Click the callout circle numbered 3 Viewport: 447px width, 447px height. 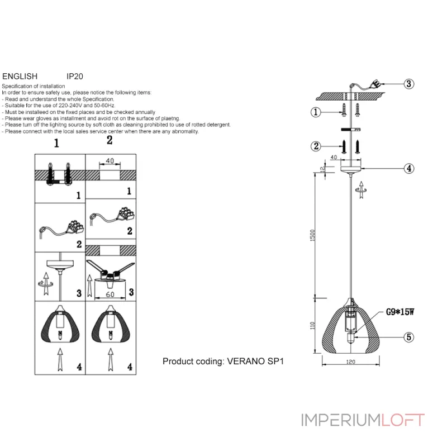[409, 84]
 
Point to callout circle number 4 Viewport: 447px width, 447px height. [409, 168]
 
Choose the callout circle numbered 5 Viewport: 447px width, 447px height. [409, 337]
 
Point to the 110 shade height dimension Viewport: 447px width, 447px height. [313, 325]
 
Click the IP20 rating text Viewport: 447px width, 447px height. [75, 76]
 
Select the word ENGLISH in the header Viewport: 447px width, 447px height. [20, 76]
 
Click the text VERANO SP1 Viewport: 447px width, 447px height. [255, 362]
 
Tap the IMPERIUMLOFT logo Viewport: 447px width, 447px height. [363, 420]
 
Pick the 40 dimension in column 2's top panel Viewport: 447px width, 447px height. [110, 161]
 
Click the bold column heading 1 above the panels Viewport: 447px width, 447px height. [56, 143]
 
